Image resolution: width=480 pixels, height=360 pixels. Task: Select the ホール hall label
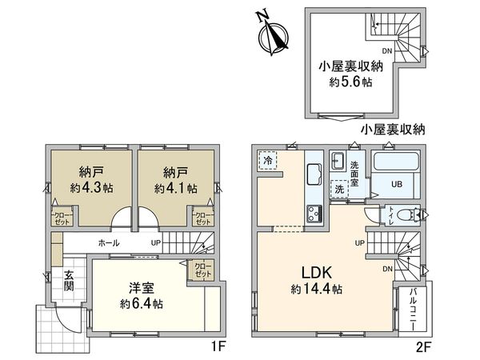point(109,242)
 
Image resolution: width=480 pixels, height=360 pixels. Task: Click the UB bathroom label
point(396,184)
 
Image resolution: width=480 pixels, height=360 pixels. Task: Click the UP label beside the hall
point(155,242)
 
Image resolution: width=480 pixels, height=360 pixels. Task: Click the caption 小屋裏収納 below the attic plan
point(392,130)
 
